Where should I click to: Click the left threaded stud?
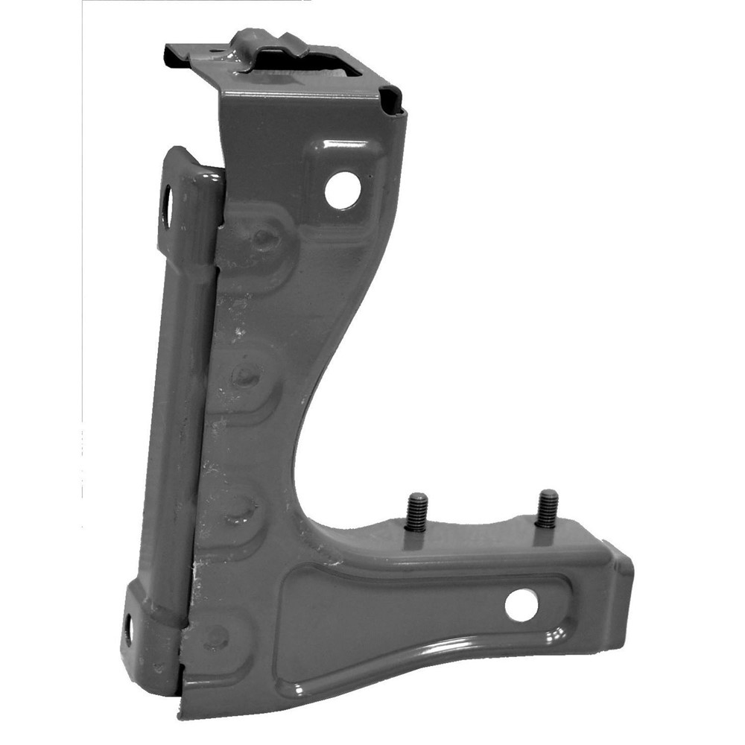click(x=417, y=512)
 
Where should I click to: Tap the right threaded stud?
click(x=547, y=509)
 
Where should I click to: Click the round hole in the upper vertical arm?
click(x=343, y=191)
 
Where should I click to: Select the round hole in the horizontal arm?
click(x=521, y=606)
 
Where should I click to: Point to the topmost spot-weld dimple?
click(x=264, y=238)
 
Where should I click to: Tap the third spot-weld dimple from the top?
click(x=238, y=507)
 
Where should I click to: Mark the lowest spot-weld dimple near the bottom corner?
click(x=216, y=637)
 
